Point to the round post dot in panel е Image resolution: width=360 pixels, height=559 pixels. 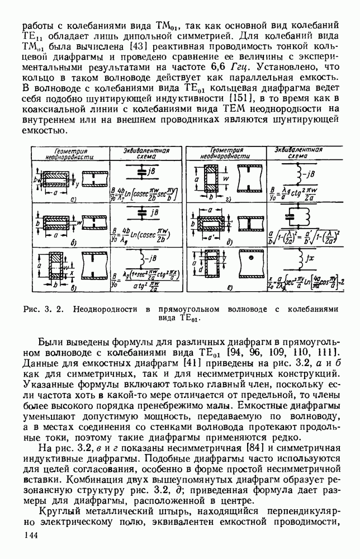pyautogui.click(x=252, y=261)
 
